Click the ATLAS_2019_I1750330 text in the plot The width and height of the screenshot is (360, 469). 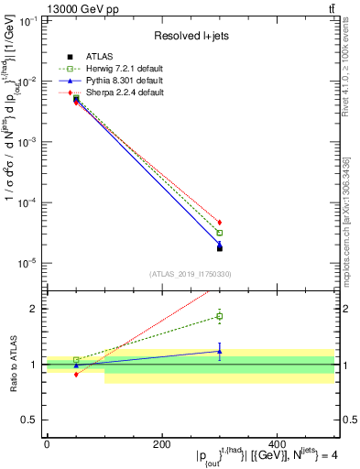tap(190, 273)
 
